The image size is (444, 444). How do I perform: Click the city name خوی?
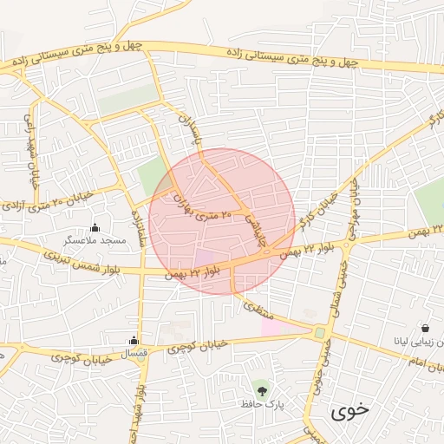click(349, 411)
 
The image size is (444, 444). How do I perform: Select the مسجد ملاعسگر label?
click(97, 238)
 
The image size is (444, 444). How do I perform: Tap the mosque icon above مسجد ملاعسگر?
click(95, 226)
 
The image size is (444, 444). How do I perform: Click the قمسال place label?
click(133, 353)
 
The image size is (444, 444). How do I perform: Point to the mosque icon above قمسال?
click(134, 341)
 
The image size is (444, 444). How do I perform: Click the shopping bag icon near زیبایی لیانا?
click(426, 329)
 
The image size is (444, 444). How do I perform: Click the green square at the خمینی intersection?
click(320, 332)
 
